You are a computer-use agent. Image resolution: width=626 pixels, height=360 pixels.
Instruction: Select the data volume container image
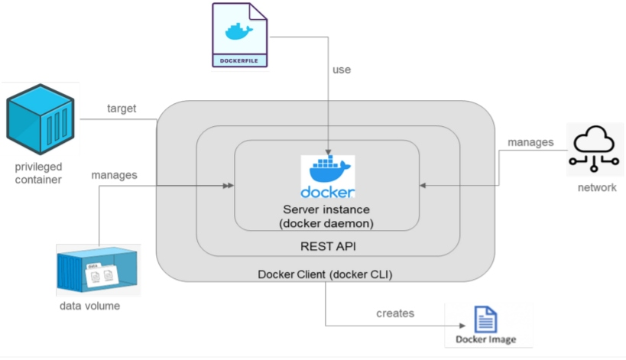tap(97, 270)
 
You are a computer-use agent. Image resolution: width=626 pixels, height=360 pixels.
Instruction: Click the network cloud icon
tap(595, 148)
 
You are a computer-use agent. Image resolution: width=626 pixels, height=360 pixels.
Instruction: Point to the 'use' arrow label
tap(342, 70)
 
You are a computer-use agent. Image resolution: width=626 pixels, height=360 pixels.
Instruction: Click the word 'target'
tap(122, 109)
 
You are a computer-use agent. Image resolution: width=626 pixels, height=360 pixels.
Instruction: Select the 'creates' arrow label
tap(395, 313)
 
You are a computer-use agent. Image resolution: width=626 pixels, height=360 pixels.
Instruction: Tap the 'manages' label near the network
tap(530, 142)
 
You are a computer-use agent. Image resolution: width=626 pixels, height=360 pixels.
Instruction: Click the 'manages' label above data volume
tap(115, 175)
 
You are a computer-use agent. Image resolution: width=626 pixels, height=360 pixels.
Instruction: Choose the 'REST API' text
tap(326, 247)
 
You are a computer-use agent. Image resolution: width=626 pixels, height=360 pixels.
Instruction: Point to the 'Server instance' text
tap(326, 209)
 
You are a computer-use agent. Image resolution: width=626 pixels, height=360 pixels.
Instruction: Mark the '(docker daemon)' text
tap(326, 222)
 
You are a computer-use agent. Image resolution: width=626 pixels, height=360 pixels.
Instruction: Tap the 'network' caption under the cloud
tap(596, 187)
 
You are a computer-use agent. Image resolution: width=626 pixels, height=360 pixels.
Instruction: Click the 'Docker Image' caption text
tap(485, 339)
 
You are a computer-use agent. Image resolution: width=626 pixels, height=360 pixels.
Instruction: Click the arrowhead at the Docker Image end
tap(442, 326)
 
